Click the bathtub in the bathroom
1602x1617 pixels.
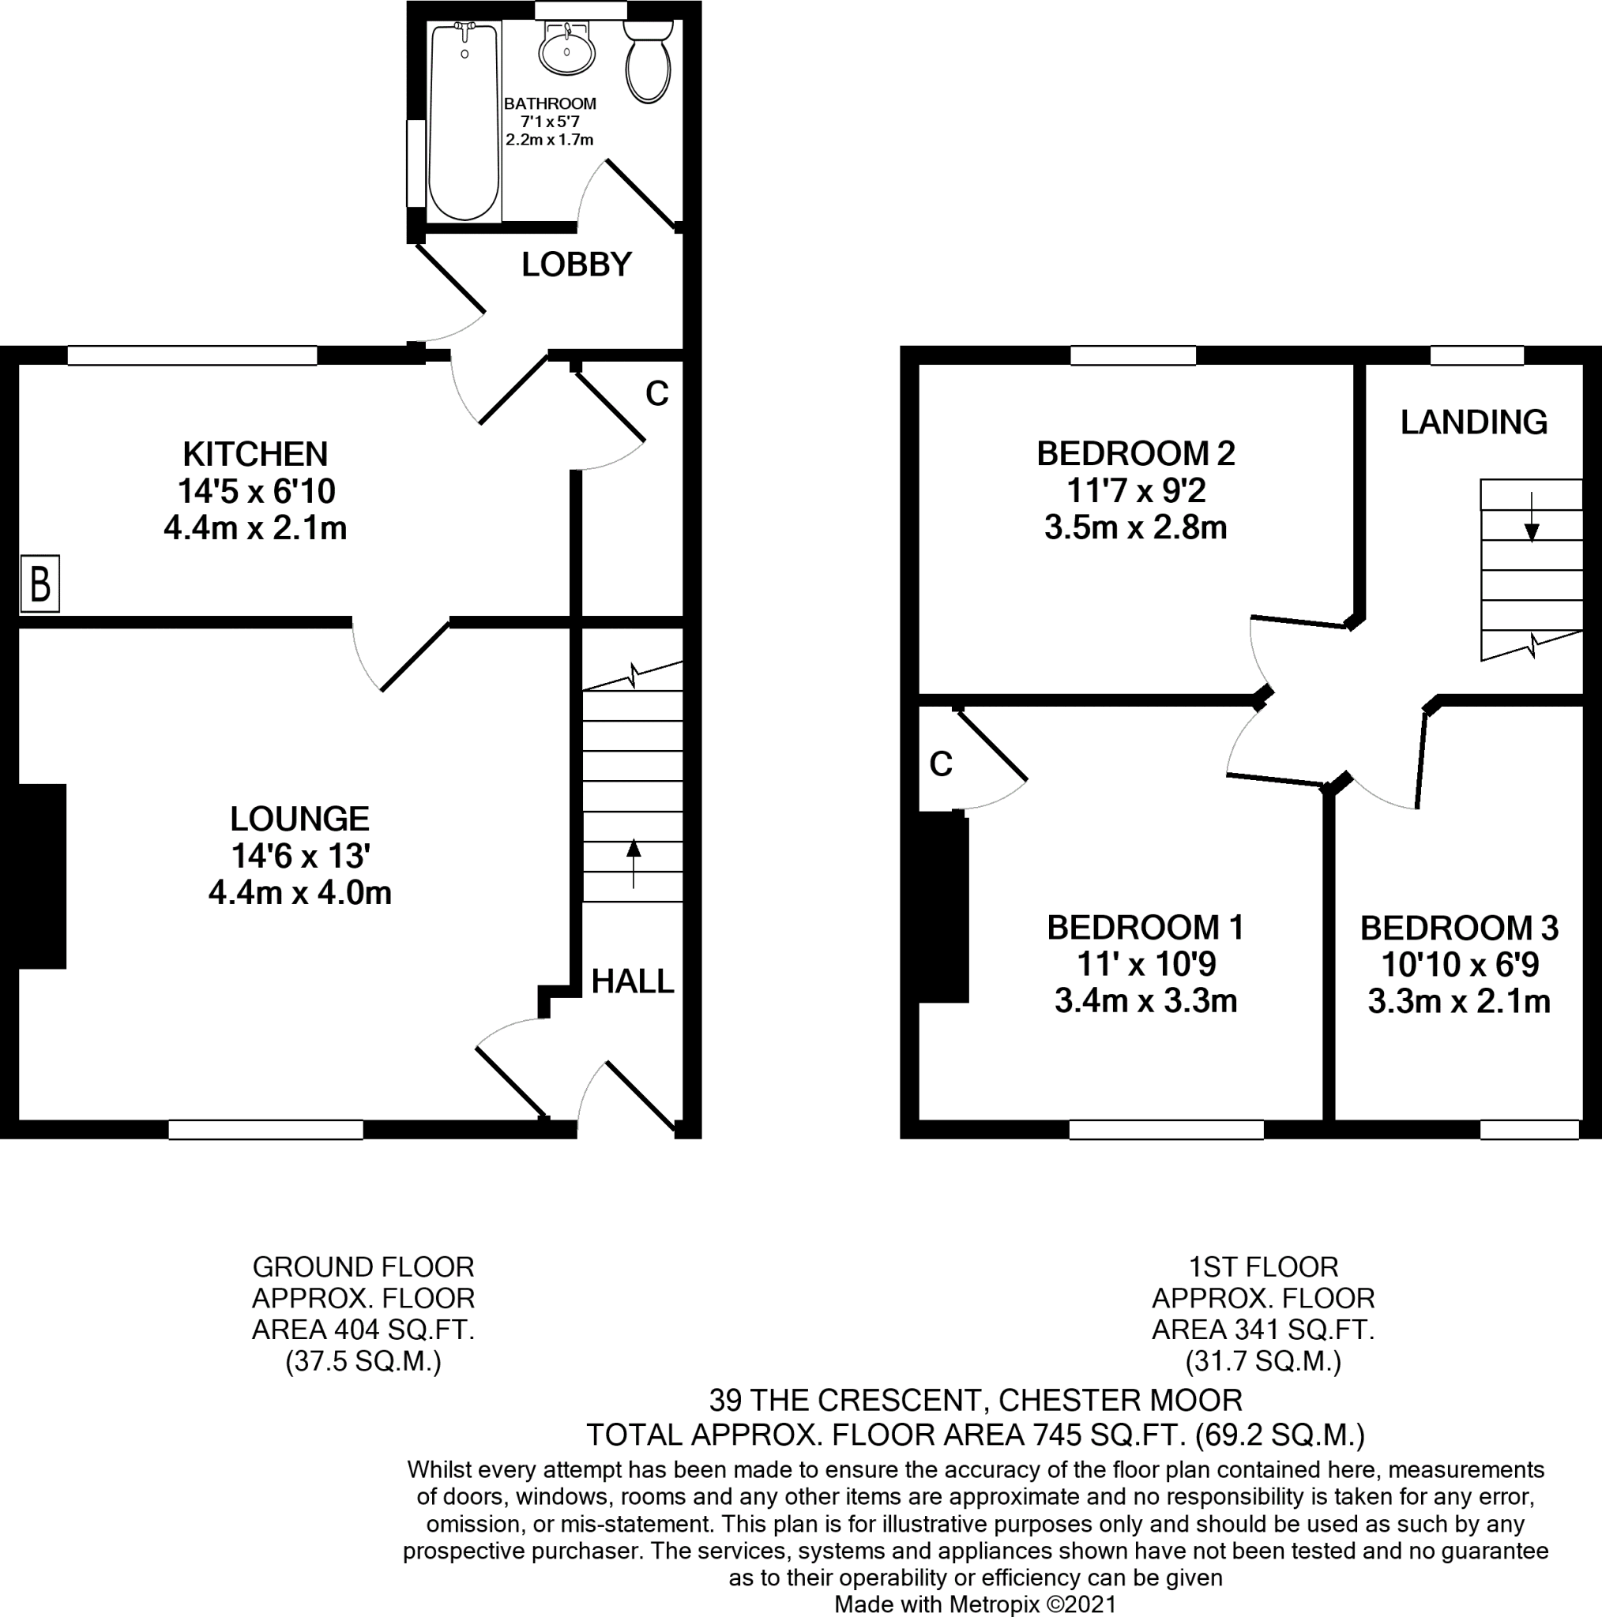pyautogui.click(x=463, y=122)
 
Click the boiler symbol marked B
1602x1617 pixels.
pyautogui.click(x=40, y=583)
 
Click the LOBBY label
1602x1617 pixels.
pyautogui.click(x=576, y=264)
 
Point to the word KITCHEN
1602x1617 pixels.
pyautogui.click(x=255, y=454)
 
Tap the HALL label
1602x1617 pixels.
pyautogui.click(x=632, y=981)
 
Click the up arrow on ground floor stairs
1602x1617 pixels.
pyautogui.click(x=633, y=862)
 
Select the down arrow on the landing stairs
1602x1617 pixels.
pyautogui.click(x=1532, y=519)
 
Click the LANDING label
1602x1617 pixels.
pyautogui.click(x=1473, y=422)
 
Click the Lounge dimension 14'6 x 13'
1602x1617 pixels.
pyautogui.click(x=300, y=855)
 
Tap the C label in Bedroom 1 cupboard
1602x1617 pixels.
pyautogui.click(x=941, y=763)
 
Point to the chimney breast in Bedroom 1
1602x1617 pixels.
pyautogui.click(x=944, y=909)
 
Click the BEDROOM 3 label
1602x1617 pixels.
pyautogui.click(x=1459, y=928)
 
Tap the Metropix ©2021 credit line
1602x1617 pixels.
pyautogui.click(x=975, y=1604)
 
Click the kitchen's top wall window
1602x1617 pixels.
pyautogui.click(x=192, y=356)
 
